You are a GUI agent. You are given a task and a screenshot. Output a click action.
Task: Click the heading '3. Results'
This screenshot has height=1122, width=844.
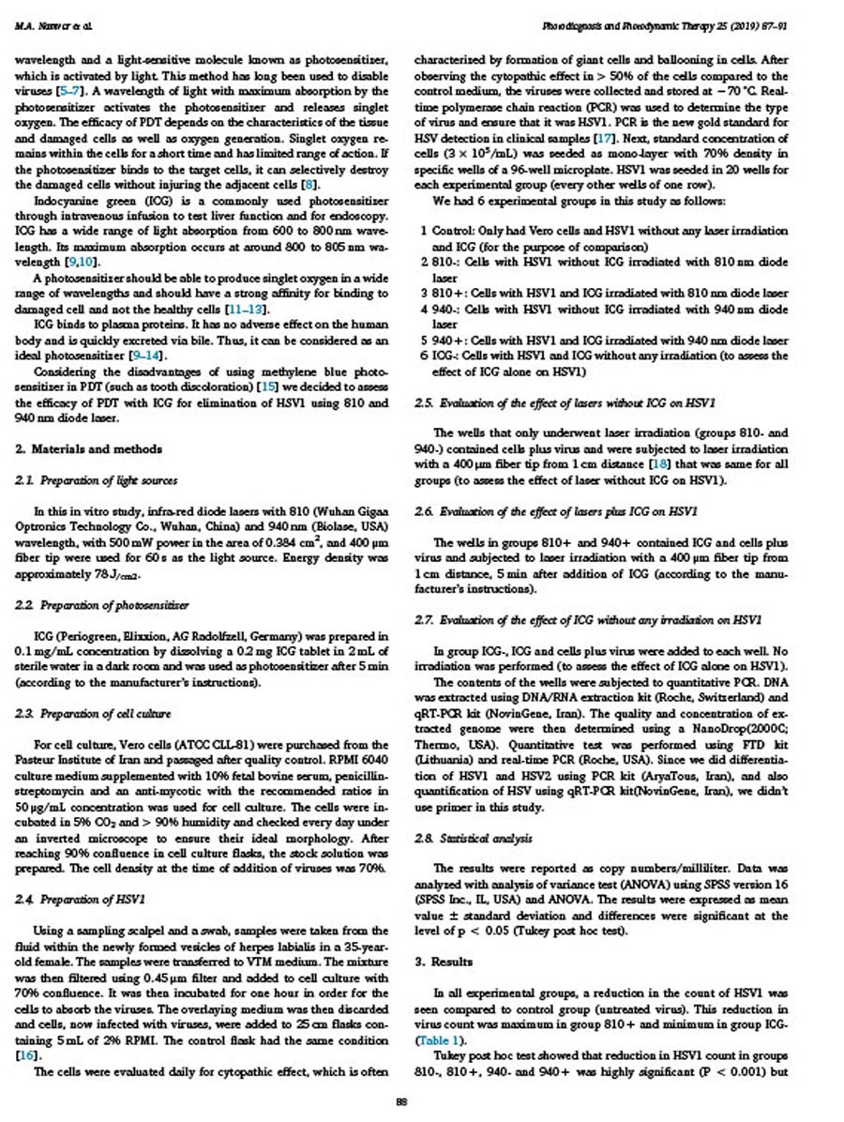[x=444, y=963]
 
